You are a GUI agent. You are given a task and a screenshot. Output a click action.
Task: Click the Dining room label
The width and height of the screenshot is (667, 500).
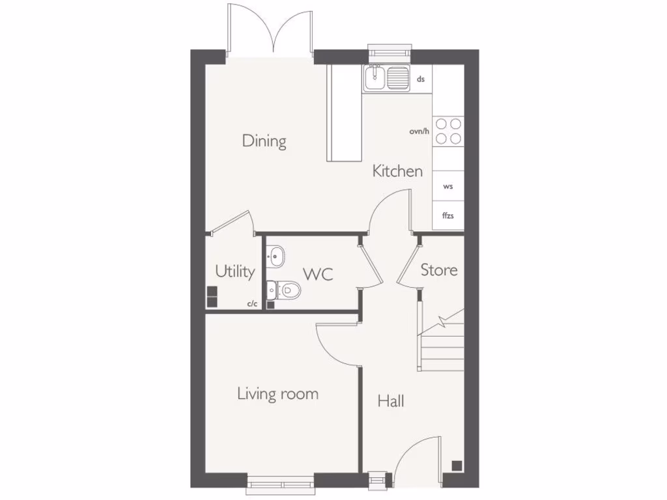(x=264, y=141)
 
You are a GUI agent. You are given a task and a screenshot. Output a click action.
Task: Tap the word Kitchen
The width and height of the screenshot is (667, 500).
(x=397, y=171)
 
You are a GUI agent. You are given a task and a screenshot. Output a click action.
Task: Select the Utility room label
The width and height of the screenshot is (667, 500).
(x=234, y=271)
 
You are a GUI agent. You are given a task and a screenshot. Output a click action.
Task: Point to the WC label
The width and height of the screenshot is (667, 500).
(x=318, y=274)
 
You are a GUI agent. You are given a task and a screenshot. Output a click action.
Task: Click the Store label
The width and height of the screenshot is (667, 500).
(x=438, y=270)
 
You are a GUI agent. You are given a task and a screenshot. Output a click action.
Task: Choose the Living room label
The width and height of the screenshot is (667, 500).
(x=277, y=394)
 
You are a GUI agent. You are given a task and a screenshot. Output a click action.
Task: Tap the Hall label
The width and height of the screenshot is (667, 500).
(x=391, y=401)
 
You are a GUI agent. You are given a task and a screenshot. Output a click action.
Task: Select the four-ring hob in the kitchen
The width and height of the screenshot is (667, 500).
(x=448, y=130)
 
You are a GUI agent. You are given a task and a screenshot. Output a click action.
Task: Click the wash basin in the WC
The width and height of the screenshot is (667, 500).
(x=275, y=256)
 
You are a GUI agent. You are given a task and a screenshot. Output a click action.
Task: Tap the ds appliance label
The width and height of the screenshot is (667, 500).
(x=421, y=79)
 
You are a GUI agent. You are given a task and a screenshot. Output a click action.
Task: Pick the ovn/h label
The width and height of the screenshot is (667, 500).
(x=419, y=132)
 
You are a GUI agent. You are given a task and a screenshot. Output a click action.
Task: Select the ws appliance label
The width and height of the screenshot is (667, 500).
(x=448, y=187)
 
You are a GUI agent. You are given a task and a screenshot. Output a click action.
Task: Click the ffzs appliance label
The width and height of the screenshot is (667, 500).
(x=448, y=215)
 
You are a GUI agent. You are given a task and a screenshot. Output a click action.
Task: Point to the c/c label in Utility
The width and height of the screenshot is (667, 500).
(x=252, y=304)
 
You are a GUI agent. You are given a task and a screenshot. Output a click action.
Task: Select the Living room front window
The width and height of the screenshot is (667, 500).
(x=280, y=482)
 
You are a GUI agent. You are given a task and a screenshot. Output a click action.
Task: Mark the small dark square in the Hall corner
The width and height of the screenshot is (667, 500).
(x=457, y=465)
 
